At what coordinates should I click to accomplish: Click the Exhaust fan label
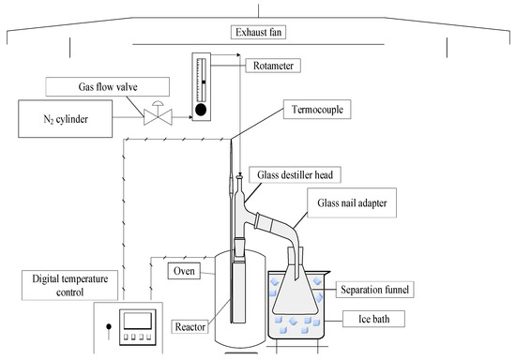click(258, 32)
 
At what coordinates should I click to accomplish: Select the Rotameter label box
click(273, 66)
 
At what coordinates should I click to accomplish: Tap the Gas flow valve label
click(108, 87)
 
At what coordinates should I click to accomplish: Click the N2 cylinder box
click(65, 119)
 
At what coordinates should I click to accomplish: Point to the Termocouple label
click(317, 110)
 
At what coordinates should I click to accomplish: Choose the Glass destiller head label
click(295, 175)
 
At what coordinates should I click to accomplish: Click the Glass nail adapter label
click(352, 202)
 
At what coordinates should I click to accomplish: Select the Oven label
click(184, 271)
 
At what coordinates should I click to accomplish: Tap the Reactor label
click(190, 327)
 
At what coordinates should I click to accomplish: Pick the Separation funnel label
click(375, 290)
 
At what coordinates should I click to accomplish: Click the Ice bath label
click(373, 319)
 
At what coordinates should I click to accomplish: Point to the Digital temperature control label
click(69, 285)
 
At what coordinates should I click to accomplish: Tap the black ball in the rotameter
click(201, 110)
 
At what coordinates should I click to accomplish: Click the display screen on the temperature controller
click(138, 321)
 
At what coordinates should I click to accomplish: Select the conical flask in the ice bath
click(296, 290)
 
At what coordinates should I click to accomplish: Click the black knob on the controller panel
click(109, 326)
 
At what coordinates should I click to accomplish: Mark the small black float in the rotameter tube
click(204, 82)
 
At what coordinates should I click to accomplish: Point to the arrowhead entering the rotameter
click(190, 117)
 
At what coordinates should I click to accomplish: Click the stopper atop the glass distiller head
click(240, 178)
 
